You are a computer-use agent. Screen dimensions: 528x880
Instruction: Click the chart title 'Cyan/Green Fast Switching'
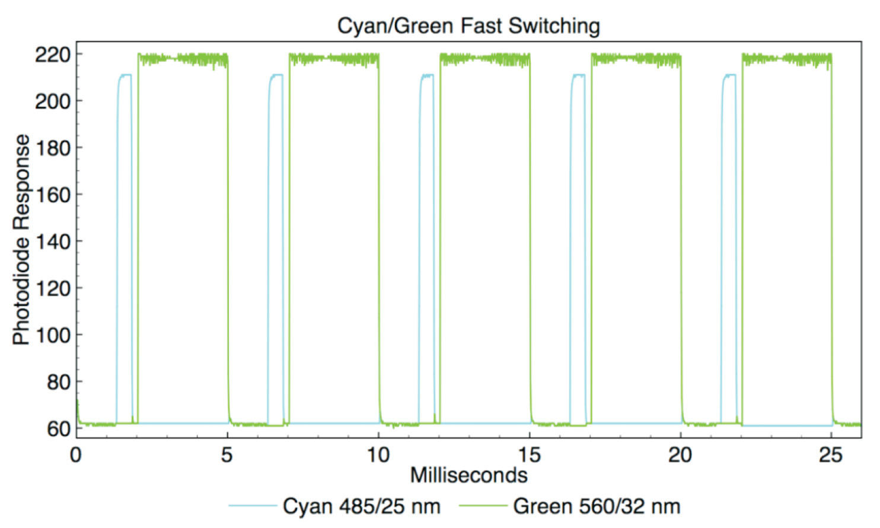pyautogui.click(x=468, y=26)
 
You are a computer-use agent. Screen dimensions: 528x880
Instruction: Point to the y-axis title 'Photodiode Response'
pyautogui.click(x=21, y=240)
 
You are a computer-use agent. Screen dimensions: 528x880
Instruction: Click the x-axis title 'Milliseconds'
pyautogui.click(x=468, y=475)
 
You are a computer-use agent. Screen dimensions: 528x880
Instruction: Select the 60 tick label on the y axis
pyautogui.click(x=58, y=428)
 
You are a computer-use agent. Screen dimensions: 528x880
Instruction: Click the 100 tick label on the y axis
pyautogui.click(x=52, y=335)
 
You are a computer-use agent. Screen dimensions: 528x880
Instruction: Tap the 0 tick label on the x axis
pyautogui.click(x=75, y=455)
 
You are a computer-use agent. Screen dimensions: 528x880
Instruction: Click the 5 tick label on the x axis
pyautogui.click(x=227, y=455)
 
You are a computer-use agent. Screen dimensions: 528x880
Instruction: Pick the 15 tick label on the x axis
pyautogui.click(x=529, y=455)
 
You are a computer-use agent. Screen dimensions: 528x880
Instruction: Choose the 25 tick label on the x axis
pyautogui.click(x=831, y=455)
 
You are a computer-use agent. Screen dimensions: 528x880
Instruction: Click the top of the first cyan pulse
pyautogui.click(x=125, y=75)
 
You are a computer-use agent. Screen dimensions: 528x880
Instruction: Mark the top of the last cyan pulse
pyautogui.click(x=729, y=75)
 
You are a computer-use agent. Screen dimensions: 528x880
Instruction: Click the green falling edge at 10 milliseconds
pyautogui.click(x=379, y=237)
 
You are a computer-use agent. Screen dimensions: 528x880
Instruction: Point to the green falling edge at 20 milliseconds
pyautogui.click(x=681, y=237)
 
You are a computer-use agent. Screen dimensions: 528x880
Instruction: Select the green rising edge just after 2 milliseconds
pyautogui.click(x=138, y=237)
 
